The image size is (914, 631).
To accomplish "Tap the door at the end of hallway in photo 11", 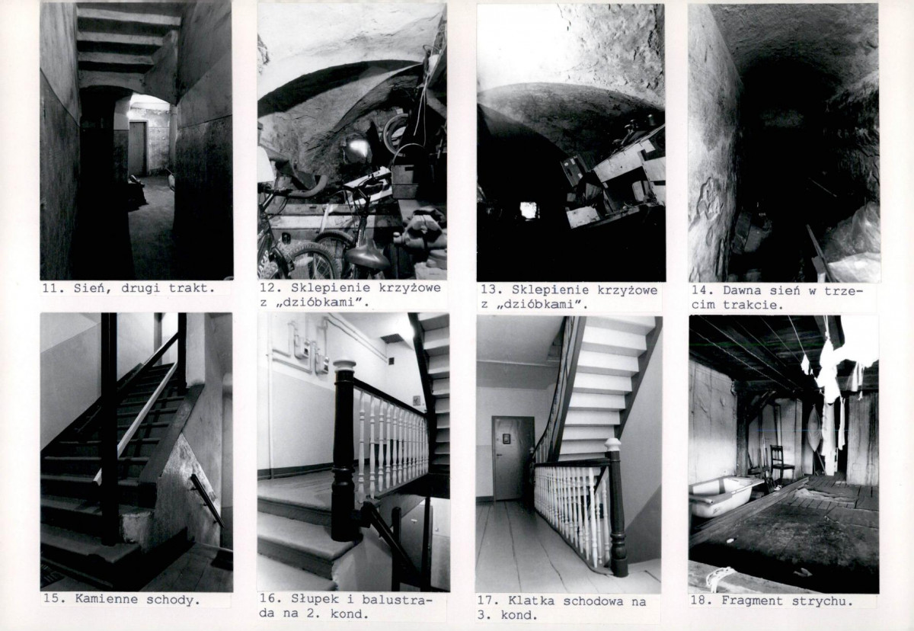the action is pos(138,149).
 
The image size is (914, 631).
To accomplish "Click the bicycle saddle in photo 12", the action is pos(367,256).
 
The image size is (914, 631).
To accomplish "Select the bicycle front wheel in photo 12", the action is pos(309,261).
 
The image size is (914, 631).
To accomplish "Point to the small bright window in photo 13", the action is pos(528,210).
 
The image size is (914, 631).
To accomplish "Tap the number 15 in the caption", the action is pos(53,600).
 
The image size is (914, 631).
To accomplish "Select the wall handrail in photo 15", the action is pos(207,500).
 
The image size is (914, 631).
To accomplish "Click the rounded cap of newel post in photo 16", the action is pos(344,364).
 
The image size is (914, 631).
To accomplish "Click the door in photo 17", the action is pos(513,458).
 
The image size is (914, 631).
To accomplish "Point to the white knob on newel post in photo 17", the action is pos(612,444).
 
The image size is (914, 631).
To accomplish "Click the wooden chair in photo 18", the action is pos(781,464).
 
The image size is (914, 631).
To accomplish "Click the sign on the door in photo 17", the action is pos(507,438).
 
